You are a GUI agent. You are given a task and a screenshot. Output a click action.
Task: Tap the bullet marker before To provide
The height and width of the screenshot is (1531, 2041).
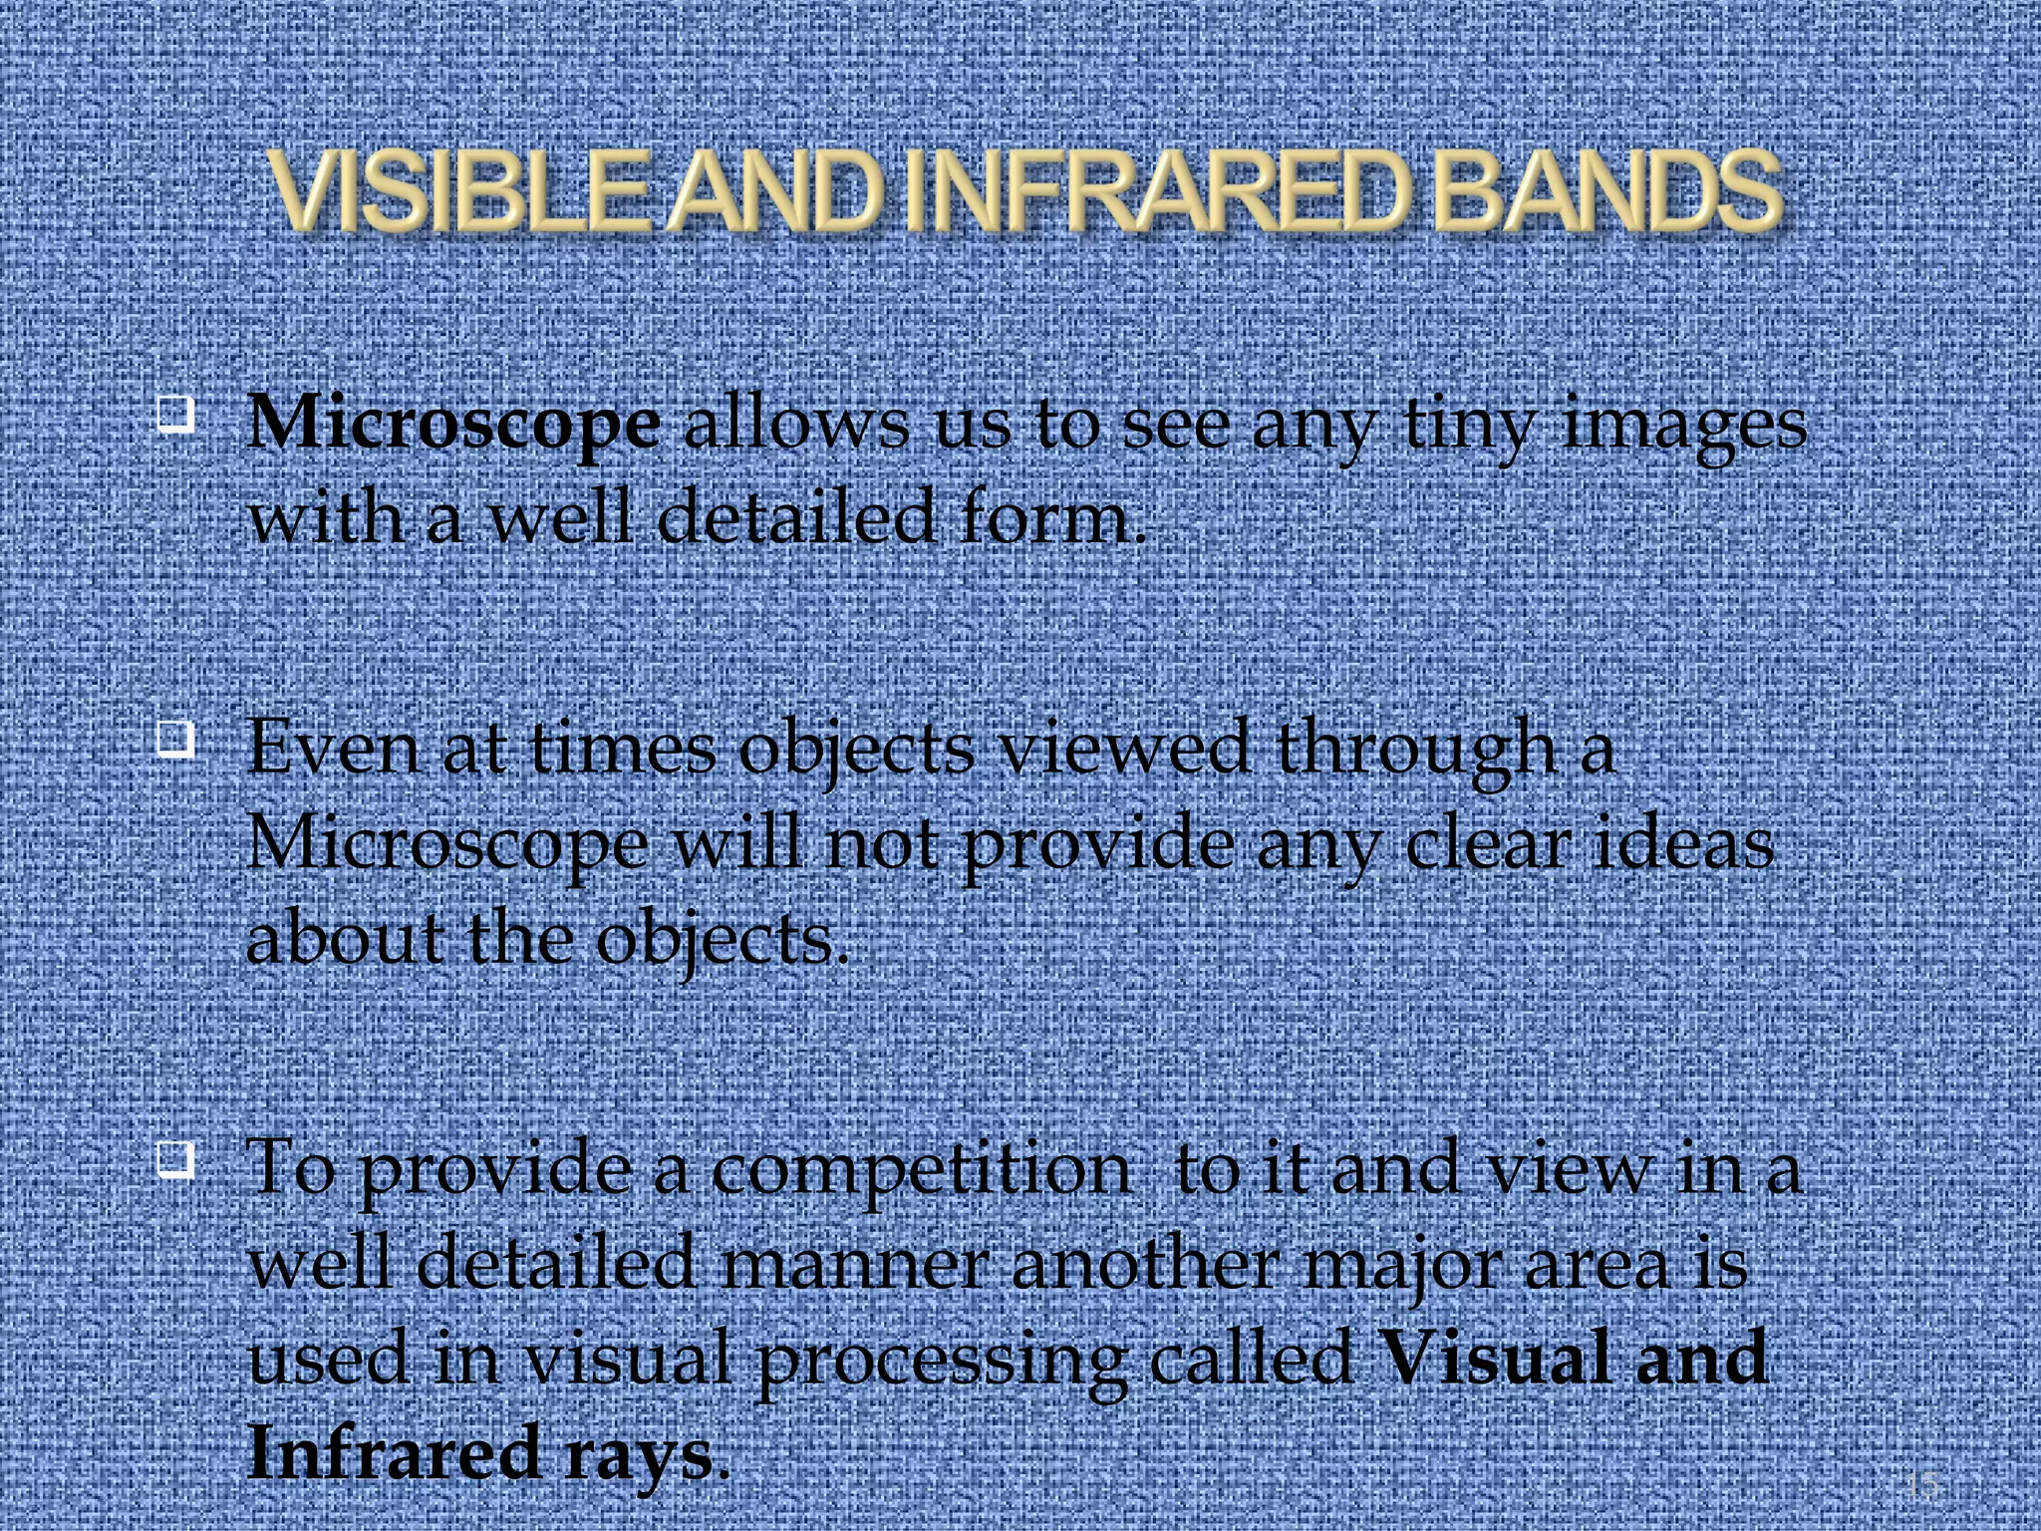174,1160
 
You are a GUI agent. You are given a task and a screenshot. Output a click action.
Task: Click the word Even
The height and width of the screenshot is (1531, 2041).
333,748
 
